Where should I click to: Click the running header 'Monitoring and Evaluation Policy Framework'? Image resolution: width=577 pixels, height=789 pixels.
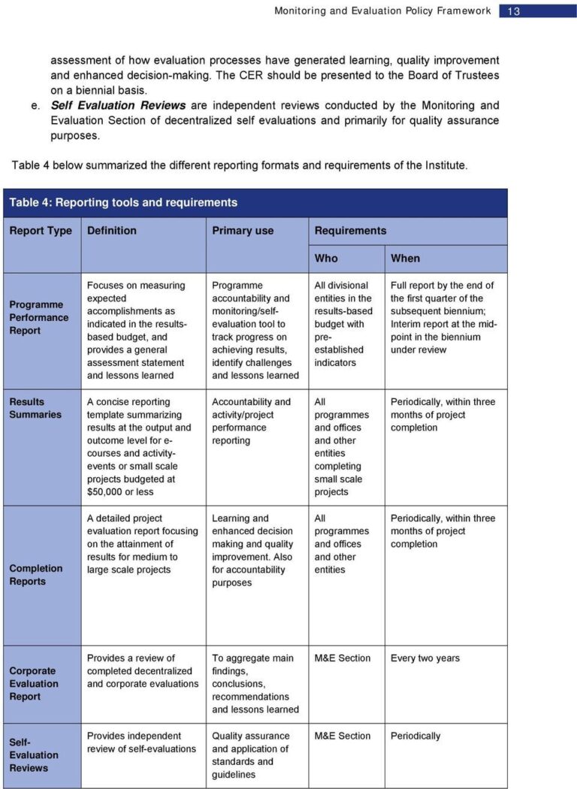(x=382, y=11)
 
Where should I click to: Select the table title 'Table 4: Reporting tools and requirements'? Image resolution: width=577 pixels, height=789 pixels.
(x=123, y=202)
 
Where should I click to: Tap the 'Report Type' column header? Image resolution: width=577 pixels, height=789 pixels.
(x=41, y=231)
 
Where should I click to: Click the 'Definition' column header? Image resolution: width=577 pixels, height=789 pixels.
(x=112, y=231)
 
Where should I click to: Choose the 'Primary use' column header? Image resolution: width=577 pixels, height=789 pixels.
(x=243, y=231)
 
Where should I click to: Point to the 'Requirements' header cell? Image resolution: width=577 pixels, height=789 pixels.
(x=350, y=231)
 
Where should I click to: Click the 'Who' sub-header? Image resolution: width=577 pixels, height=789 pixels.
(x=326, y=258)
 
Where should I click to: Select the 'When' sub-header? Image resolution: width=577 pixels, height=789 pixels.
(x=406, y=258)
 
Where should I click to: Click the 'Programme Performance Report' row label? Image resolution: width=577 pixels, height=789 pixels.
(x=39, y=317)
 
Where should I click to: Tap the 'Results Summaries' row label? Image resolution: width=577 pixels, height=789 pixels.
(x=35, y=408)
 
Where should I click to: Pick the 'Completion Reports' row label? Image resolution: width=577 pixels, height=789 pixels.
(x=36, y=575)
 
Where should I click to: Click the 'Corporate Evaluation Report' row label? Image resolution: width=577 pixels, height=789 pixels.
(x=34, y=684)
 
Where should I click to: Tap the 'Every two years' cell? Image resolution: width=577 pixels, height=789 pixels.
(x=425, y=658)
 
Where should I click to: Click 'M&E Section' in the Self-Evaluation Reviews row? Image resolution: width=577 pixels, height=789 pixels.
(x=343, y=736)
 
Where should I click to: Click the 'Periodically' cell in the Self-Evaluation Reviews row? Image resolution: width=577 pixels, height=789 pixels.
(x=415, y=736)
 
